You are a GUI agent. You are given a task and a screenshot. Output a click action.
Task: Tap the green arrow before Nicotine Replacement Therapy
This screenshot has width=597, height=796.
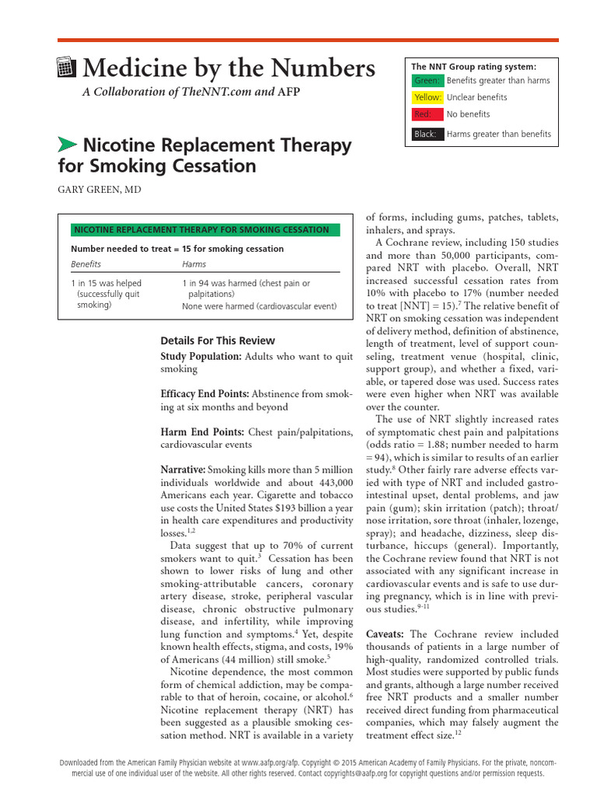click(68, 144)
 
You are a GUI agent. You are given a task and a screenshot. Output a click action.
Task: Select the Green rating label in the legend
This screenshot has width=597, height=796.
click(427, 81)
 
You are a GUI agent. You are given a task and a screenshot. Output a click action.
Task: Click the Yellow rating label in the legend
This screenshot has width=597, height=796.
click(428, 97)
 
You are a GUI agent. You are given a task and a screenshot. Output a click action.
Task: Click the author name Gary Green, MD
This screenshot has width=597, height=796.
click(99, 190)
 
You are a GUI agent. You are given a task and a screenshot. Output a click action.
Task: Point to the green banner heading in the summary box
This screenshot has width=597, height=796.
click(200, 229)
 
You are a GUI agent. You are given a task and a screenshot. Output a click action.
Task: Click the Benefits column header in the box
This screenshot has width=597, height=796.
click(86, 264)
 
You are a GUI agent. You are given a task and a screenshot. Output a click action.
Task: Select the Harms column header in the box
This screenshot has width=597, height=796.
click(194, 264)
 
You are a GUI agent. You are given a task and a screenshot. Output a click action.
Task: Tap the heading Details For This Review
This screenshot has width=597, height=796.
click(217, 340)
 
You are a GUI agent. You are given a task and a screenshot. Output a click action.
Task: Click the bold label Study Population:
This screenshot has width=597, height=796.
click(201, 356)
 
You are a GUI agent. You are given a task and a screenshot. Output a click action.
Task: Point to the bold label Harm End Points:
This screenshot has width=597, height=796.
click(203, 432)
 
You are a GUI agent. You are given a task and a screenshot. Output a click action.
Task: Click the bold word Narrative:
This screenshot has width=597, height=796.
click(183, 470)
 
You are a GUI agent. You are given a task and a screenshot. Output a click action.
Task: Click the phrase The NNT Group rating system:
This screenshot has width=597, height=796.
click(473, 66)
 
